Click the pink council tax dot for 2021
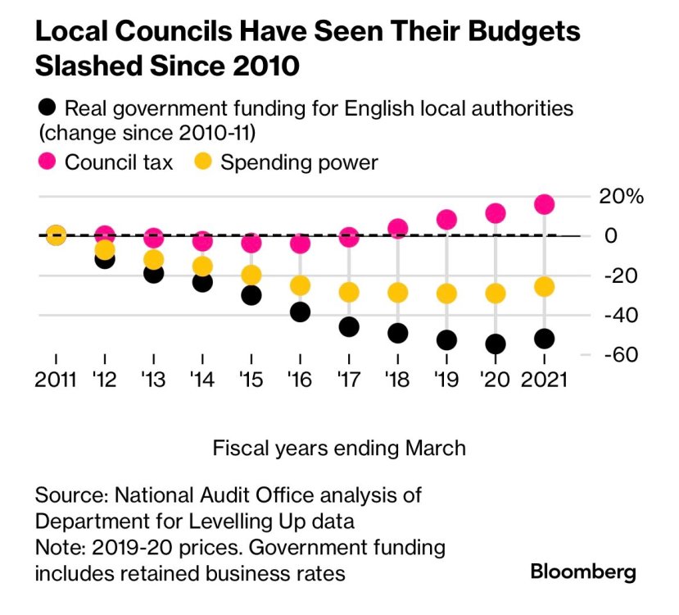[545, 204]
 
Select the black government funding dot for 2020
[496, 344]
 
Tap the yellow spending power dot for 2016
[301, 285]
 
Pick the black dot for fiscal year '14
[202, 281]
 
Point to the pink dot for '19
[446, 219]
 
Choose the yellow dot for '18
[398, 293]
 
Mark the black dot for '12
[105, 259]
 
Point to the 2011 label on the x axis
[56, 379]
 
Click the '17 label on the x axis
[349, 379]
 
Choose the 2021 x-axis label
[545, 379]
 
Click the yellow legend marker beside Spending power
[204, 162]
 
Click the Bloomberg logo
[583, 572]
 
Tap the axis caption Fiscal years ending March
[339, 449]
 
